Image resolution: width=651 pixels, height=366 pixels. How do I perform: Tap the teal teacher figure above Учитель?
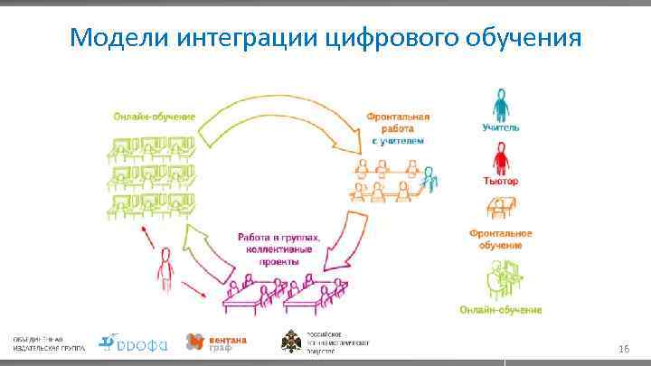point(499,104)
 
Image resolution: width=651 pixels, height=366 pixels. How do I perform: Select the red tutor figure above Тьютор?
point(499,159)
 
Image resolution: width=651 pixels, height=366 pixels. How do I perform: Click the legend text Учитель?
point(500,128)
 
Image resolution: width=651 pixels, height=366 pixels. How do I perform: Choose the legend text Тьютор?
point(500,181)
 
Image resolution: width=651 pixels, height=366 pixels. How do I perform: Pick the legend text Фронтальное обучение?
point(500,239)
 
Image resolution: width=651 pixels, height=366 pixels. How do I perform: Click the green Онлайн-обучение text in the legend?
point(500,309)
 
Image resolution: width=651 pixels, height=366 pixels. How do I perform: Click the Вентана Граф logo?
point(216,342)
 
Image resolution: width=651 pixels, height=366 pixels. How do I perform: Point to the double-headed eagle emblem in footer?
point(294,342)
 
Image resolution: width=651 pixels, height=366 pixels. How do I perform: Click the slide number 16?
point(622,348)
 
